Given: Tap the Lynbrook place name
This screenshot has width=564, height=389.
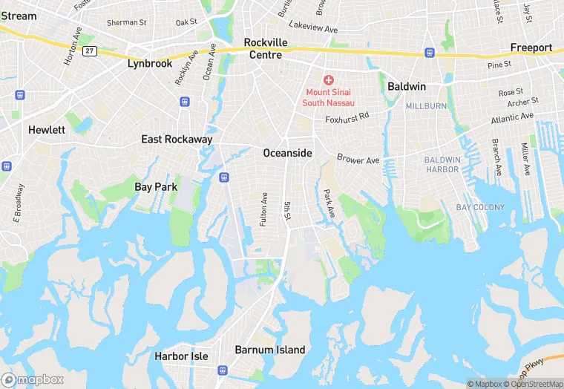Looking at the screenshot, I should [150, 63].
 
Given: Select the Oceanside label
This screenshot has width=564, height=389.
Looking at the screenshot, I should [287, 152].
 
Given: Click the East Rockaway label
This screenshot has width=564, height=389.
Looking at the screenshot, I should [177, 139].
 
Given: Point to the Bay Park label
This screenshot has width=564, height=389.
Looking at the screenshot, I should [156, 187].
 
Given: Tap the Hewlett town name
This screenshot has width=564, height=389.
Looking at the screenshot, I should [47, 129].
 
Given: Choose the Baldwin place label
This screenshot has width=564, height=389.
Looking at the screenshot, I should [406, 86].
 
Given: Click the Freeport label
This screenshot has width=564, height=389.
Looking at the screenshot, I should [531, 48].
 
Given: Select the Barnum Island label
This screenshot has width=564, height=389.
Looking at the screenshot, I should [269, 350].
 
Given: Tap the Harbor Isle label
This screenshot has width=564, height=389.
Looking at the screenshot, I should [181, 356].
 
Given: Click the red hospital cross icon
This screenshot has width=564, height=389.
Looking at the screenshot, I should [328, 79].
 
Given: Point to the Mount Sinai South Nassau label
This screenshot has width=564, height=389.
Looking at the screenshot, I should [328, 97].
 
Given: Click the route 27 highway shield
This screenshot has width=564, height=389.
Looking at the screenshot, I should [90, 50].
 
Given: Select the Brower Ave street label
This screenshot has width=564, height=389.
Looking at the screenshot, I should [358, 159].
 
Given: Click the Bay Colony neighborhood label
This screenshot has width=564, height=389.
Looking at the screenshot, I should [480, 207].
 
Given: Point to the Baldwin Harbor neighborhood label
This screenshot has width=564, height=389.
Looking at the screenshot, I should [442, 165].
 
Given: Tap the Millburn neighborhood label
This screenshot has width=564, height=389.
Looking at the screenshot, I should [425, 106].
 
